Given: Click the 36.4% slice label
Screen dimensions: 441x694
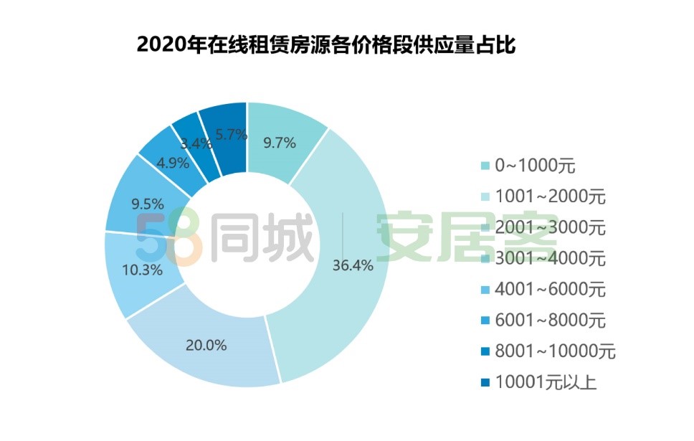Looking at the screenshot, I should point(353,265).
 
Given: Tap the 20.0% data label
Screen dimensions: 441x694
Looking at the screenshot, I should point(206,345).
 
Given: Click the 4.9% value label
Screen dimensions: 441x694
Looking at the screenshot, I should point(173,163).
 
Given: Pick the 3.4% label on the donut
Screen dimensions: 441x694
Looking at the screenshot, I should point(196,143).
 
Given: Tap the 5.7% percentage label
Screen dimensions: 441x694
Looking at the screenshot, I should point(231,134).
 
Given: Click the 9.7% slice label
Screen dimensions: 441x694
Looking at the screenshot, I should point(280,142).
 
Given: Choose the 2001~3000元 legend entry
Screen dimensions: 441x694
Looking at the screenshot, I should point(548,228).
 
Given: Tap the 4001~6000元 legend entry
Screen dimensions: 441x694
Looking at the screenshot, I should point(548,290).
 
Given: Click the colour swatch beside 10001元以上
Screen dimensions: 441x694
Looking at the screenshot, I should point(485,382).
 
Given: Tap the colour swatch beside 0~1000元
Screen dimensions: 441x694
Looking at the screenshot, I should point(485,167).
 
